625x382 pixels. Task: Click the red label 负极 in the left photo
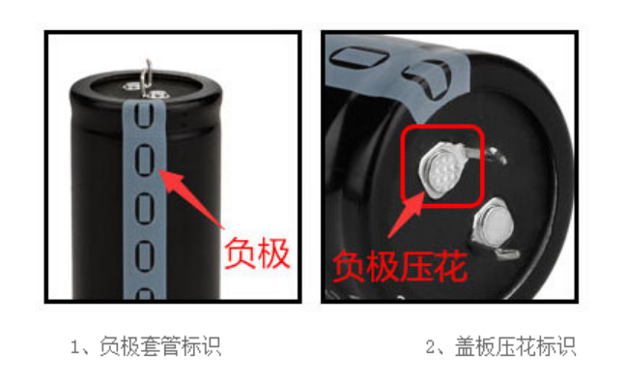(257, 253)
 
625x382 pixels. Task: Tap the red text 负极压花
(400, 266)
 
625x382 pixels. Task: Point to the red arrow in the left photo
(190, 198)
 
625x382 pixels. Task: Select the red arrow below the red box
(407, 215)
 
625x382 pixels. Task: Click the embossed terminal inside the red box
(440, 169)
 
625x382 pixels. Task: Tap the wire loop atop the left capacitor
(148, 78)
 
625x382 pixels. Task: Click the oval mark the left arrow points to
(144, 160)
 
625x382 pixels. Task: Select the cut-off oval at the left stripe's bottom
(145, 294)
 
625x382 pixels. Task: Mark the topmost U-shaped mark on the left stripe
(144, 114)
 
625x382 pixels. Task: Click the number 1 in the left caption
(74, 346)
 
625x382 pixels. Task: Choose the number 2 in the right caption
(430, 346)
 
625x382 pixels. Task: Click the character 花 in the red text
(450, 266)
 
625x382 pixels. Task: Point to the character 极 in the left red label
(273, 253)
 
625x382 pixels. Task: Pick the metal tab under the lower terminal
(505, 252)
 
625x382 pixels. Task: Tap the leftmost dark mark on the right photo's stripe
(358, 57)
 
